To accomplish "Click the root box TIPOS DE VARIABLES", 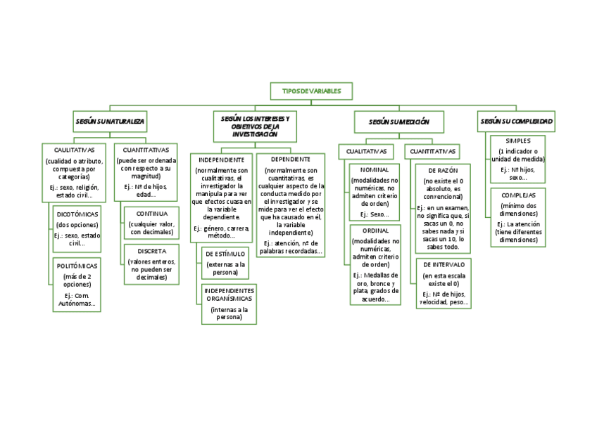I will pos(310,91).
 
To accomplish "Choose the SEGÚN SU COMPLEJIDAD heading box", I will pos(516,121).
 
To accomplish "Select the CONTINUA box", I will pos(151,223).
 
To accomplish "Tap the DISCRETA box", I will pos(151,264).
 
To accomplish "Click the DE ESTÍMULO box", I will pos(225,263).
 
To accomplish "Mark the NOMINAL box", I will pos(374,192).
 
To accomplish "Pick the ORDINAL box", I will pos(375,265).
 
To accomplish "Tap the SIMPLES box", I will pos(518,160).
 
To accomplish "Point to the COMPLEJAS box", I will pos(518,216).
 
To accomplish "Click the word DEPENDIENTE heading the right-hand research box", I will pos(290,160).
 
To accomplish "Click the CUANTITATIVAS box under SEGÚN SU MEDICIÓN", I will pos(432,151).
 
